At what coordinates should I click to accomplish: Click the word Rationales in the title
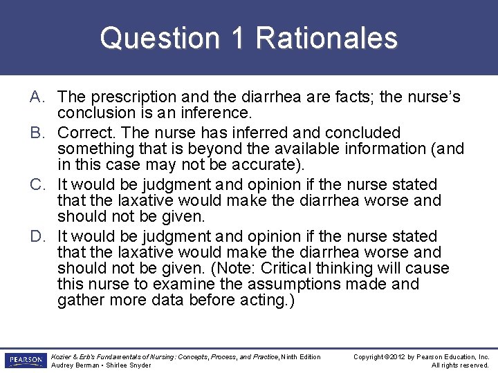pos(326,38)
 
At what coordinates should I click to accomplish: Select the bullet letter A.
pos(38,97)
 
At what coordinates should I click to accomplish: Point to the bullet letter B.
pos(38,132)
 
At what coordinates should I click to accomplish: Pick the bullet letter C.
pos(38,184)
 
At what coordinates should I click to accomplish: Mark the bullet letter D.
pos(38,237)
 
